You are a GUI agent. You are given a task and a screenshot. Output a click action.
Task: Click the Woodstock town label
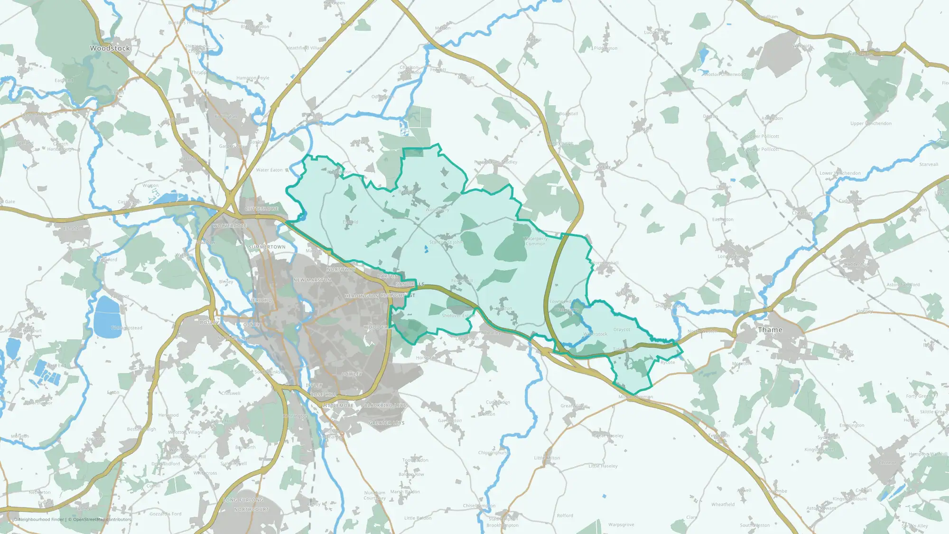110,48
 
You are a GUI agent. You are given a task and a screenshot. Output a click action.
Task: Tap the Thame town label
770,329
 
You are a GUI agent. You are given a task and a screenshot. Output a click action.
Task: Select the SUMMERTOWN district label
267,247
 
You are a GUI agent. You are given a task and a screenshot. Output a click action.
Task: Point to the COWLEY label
352,374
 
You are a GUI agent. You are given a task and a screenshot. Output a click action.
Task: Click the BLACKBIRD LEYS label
385,406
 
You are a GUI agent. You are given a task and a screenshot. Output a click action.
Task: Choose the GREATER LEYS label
387,423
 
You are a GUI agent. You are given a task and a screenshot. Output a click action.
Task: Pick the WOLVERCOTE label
230,226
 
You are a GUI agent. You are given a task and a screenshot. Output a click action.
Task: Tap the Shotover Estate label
458,316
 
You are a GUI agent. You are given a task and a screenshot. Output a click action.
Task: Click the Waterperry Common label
536,241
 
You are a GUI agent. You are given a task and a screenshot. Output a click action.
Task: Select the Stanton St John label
446,242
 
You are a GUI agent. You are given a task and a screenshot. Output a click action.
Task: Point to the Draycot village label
622,329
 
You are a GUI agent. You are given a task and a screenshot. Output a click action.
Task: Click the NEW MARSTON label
312,280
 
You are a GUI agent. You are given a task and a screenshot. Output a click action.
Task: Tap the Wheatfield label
723,505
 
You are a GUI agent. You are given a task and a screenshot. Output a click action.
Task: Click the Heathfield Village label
306,48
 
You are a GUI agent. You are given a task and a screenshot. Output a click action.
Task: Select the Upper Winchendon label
871,123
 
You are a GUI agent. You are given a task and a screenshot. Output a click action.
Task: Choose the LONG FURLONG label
243,500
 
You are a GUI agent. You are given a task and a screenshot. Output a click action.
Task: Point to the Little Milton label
547,458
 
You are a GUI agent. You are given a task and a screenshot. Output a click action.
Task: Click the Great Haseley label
608,436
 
